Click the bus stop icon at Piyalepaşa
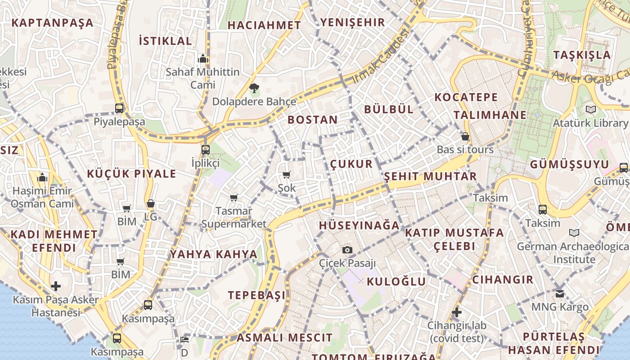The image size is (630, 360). pyautogui.click(x=119, y=108)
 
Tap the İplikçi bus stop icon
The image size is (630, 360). pyautogui.click(x=206, y=149)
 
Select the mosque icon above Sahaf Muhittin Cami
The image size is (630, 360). pyautogui.click(x=203, y=58)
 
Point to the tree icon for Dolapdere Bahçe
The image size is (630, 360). pyautogui.click(x=254, y=87)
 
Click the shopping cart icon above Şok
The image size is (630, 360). pyautogui.click(x=287, y=175)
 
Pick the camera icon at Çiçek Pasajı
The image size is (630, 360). pyautogui.click(x=347, y=250)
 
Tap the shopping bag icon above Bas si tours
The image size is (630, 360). pyautogui.click(x=465, y=136)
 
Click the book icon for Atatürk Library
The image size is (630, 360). pyautogui.click(x=591, y=109)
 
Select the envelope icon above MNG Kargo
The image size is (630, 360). pyautogui.click(x=560, y=294)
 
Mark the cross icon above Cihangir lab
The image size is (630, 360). pyautogui.click(x=457, y=312)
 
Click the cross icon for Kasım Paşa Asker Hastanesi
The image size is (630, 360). pyautogui.click(x=56, y=286)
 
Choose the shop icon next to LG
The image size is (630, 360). pyautogui.click(x=151, y=204)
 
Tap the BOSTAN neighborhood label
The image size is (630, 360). pyautogui.click(x=312, y=120)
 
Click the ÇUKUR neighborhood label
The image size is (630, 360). pyautogui.click(x=351, y=164)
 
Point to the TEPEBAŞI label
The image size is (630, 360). pyautogui.click(x=256, y=295)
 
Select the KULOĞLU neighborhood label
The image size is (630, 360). pyautogui.click(x=396, y=282)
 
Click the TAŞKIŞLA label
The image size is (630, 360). pyautogui.click(x=582, y=55)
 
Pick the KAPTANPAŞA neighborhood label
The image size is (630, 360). pyautogui.click(x=52, y=22)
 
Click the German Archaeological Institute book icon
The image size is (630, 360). pyautogui.click(x=574, y=233)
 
